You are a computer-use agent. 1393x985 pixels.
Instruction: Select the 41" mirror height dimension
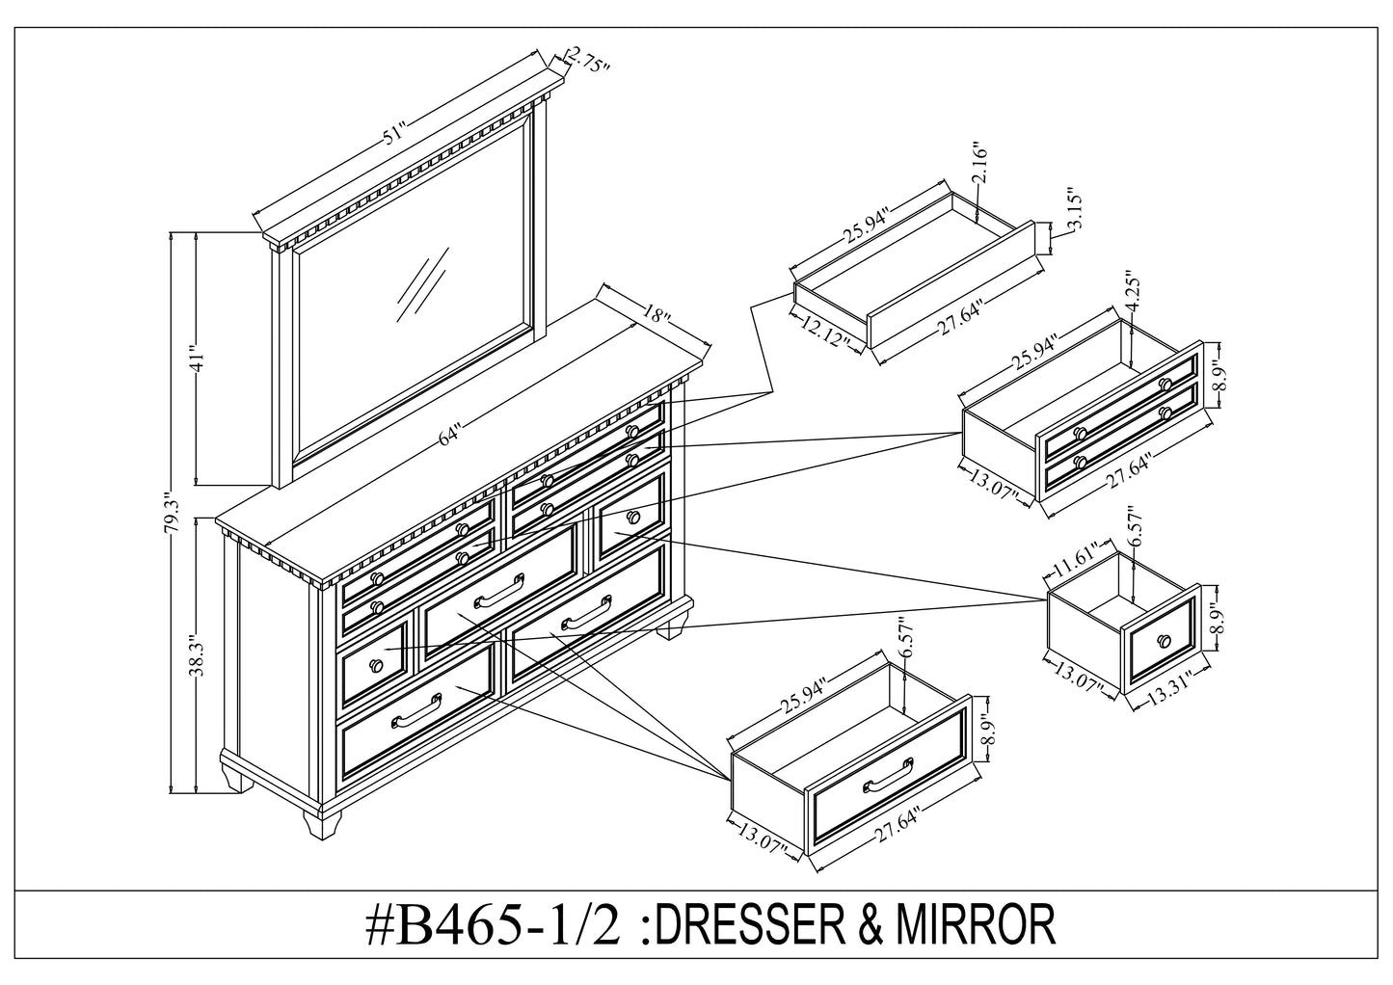point(196,359)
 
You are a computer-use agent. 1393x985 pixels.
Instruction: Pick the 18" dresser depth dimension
point(654,315)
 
